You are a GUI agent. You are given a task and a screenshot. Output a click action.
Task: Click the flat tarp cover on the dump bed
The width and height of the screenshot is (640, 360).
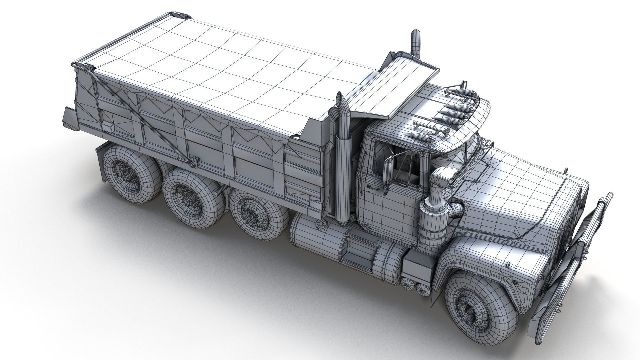[x=233, y=73]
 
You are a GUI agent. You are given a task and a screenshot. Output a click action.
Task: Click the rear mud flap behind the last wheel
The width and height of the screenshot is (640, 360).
[x=102, y=163]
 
